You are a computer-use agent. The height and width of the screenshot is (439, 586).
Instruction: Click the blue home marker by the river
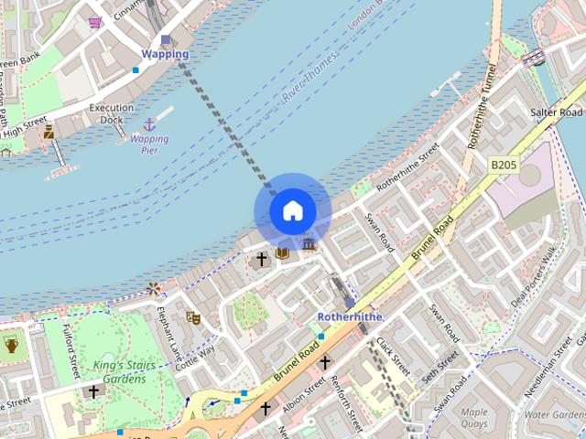coord(292,211)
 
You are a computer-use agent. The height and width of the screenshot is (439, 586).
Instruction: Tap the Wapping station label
coord(165,54)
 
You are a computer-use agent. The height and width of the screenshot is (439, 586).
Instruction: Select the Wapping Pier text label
coord(149,145)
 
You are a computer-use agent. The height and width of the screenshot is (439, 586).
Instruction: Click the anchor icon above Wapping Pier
coord(148,123)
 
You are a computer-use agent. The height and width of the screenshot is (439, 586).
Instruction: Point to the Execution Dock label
coord(111,113)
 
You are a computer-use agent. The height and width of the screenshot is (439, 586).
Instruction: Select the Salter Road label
coord(556,112)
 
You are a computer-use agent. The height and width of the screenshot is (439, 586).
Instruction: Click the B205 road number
coord(503,164)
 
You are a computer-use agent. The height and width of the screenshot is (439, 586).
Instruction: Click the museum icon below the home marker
coord(309,244)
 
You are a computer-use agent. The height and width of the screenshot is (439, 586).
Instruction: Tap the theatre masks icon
coord(193,316)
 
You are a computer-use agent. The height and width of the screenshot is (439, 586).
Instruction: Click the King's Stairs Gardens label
coord(120,372)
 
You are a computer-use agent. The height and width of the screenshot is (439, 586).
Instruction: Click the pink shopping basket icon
coord(94,22)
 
